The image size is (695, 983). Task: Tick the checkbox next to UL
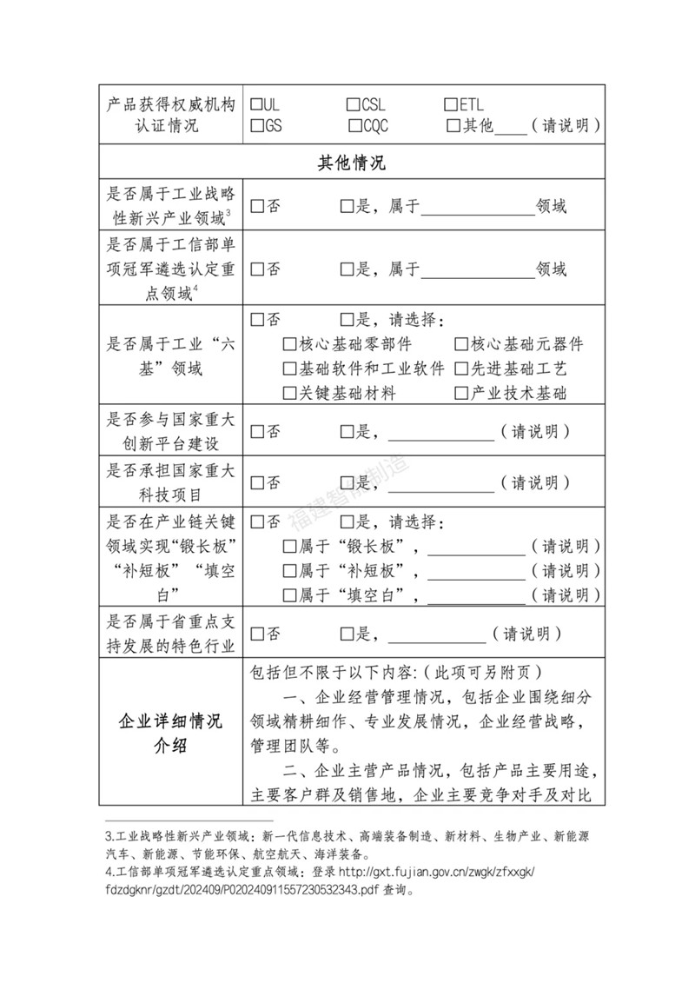256,105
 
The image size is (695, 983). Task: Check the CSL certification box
354,105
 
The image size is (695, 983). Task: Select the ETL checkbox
452,105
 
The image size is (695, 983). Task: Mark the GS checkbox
256,126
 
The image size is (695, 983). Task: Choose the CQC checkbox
354,126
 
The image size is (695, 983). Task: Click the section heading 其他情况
352,163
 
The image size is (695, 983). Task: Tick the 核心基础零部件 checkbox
290,343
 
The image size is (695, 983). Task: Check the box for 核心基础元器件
461,343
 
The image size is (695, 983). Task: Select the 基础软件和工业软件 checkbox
290,368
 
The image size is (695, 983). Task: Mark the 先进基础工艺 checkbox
461,368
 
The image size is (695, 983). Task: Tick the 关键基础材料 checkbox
290,393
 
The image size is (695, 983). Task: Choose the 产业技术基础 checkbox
461,393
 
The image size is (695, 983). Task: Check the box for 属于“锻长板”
290,547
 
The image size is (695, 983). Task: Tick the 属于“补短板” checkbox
290,571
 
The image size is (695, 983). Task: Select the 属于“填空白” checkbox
290,595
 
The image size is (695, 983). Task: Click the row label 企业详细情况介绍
170,734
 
